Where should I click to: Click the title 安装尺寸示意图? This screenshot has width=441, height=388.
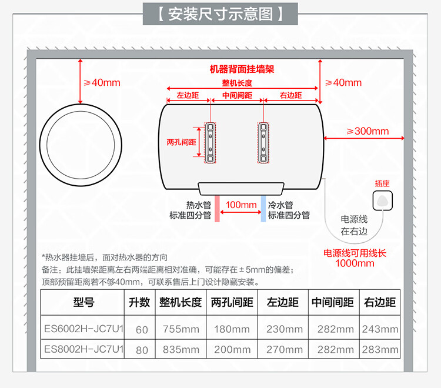[x=220, y=13]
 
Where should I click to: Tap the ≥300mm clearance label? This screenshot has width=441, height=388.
[x=367, y=131]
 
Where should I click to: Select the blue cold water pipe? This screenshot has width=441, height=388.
[x=263, y=208]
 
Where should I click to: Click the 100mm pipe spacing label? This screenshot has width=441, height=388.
[x=241, y=205]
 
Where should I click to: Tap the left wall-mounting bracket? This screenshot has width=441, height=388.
[x=211, y=142]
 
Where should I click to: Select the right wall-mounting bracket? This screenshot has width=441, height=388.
[x=265, y=142]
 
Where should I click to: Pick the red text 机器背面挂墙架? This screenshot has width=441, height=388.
[x=242, y=69]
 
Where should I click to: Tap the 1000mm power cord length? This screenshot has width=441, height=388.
[x=355, y=263]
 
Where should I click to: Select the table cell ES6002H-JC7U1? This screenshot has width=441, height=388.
[x=83, y=329]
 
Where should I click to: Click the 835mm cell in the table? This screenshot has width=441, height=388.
[x=181, y=349]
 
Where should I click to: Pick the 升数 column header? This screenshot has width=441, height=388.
[x=141, y=303]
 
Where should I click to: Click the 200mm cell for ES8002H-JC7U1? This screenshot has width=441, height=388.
[x=231, y=349]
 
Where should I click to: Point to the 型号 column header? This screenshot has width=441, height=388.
[x=83, y=303]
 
